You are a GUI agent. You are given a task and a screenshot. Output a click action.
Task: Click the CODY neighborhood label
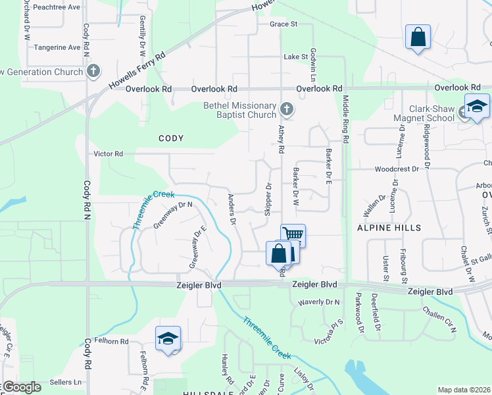point(170,138)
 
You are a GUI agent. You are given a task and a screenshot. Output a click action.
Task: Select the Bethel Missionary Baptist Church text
point(239,110)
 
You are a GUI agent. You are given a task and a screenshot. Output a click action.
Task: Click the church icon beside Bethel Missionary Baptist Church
point(286,109)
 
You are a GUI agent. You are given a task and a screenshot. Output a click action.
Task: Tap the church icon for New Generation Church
point(93,70)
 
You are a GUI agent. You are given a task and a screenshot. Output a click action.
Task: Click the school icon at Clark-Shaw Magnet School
point(477,106)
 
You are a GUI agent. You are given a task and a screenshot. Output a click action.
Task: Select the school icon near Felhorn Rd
point(168,338)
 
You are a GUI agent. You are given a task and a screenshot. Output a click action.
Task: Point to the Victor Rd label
point(109,154)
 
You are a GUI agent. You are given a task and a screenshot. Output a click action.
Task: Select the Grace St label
point(283,24)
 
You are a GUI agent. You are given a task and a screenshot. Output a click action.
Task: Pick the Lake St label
point(296,57)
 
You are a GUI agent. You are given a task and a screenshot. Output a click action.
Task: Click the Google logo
point(21,387)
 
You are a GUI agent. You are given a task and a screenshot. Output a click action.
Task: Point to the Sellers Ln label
point(68,382)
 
